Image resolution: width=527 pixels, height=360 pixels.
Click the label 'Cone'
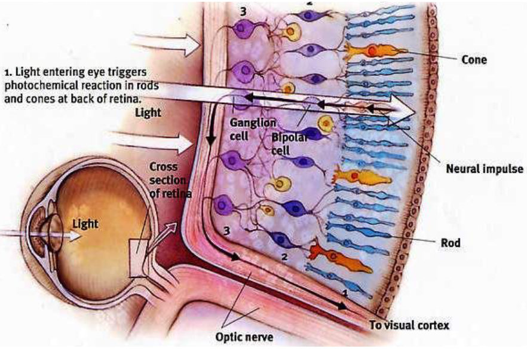tap(474, 60)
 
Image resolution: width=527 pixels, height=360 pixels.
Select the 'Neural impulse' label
tap(485, 169)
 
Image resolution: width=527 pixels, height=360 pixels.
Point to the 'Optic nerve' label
tap(244, 337)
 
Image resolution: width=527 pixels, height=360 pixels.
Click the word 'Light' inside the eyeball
tap(85, 224)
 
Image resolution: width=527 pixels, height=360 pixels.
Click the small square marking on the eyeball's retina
tap(139, 255)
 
